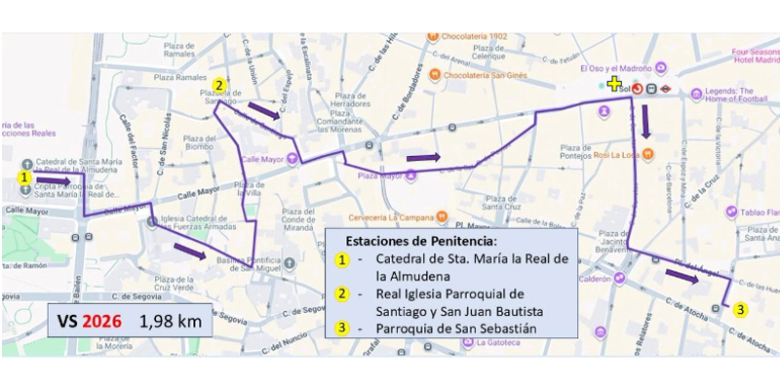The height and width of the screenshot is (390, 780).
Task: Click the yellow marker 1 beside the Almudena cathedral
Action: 23,177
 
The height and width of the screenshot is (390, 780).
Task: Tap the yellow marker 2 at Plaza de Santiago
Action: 219,85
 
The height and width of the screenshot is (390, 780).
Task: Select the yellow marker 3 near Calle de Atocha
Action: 741,309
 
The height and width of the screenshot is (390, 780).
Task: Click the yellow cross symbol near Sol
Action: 613,85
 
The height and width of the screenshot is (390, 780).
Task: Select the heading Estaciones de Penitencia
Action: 420,240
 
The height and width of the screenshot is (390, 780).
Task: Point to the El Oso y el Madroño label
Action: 617,68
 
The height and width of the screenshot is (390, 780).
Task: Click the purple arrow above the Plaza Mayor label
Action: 423,157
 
